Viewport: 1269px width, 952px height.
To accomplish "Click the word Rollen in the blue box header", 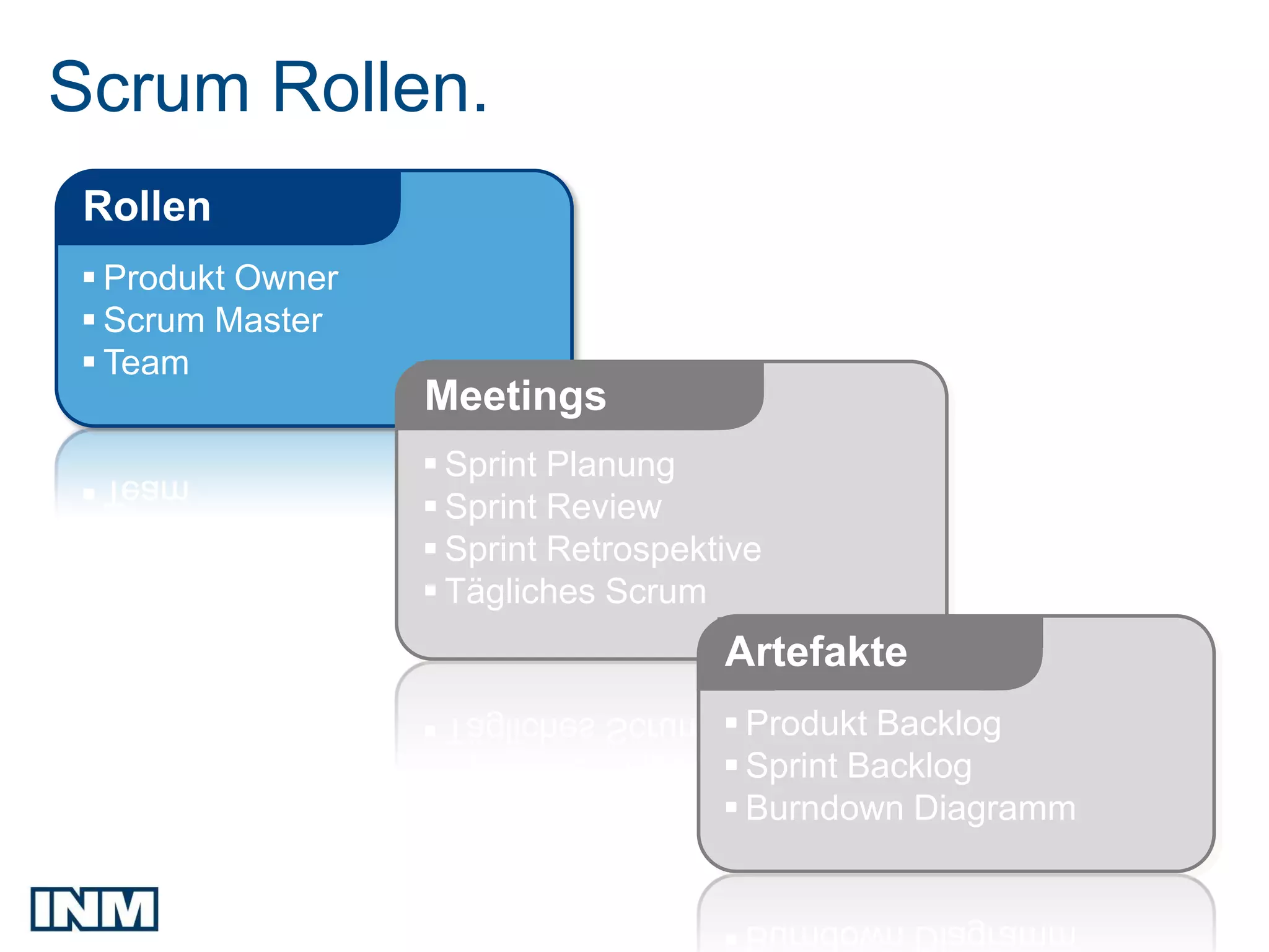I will click(147, 206).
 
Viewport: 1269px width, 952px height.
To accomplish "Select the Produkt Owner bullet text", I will click(221, 278).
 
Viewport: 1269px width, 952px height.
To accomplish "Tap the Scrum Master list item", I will click(213, 320).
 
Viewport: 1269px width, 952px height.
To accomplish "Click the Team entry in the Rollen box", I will click(146, 363).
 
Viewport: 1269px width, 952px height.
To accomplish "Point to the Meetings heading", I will click(515, 396).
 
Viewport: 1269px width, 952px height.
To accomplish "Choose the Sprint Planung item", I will click(560, 465).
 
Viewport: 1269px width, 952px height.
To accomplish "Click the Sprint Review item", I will click(553, 507).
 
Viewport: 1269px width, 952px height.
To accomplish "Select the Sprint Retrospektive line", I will click(602, 549).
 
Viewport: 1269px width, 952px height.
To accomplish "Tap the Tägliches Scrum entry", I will click(575, 591).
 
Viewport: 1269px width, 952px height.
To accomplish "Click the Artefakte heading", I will click(816, 652).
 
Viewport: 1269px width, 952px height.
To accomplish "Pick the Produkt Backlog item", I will click(873, 723).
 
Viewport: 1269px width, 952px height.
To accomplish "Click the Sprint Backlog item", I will click(858, 765).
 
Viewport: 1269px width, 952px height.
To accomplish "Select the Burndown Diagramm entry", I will click(910, 808).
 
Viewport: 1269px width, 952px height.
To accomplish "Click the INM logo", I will click(94, 909).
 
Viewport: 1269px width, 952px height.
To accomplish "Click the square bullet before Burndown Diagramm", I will click(731, 807).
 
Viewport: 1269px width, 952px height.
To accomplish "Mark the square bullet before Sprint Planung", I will click(431, 464).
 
